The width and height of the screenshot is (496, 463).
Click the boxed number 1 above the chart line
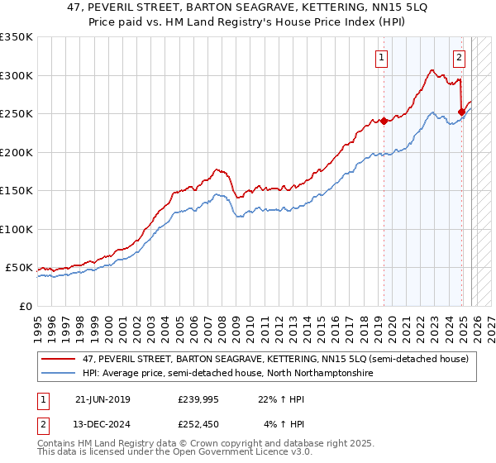point(382,57)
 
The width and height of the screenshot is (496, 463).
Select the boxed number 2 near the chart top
point(459,57)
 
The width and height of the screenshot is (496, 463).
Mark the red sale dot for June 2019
point(384,121)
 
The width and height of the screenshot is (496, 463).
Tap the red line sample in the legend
point(60,359)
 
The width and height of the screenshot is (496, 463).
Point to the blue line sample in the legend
point(60,374)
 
